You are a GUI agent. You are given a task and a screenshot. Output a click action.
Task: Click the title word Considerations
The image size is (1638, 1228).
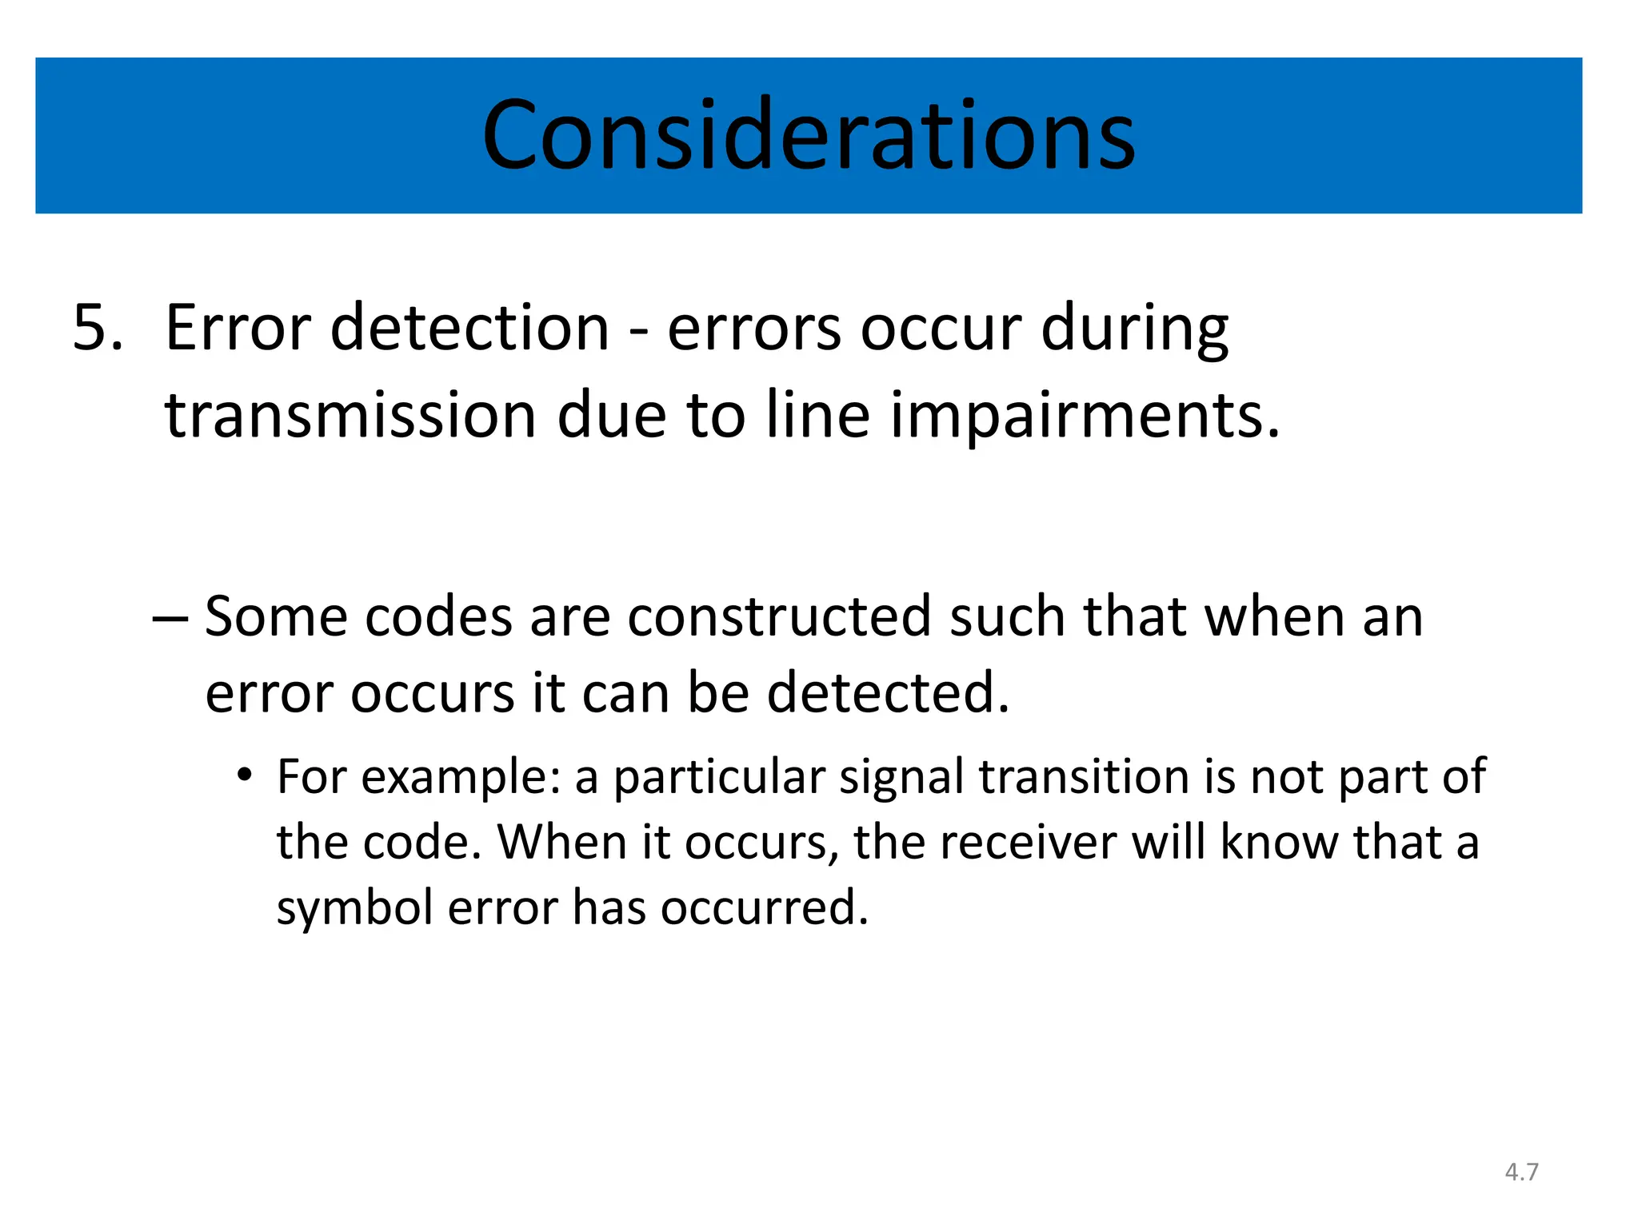tap(809, 135)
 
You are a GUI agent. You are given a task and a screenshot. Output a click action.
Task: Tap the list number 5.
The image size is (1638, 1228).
tap(98, 328)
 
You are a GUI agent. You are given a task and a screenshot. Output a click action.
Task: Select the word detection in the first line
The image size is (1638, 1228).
tap(469, 328)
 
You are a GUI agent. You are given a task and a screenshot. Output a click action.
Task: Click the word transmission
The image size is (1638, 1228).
tap(350, 416)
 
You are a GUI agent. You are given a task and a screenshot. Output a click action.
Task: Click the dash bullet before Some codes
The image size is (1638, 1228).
tap(170, 617)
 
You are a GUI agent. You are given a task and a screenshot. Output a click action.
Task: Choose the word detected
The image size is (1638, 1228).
tap(888, 692)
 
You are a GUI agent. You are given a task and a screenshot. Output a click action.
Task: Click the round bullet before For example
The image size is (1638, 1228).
tap(245, 775)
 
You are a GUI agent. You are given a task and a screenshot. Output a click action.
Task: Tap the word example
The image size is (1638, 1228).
tap(461, 777)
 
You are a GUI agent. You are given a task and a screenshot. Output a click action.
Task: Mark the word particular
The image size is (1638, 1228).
tap(719, 777)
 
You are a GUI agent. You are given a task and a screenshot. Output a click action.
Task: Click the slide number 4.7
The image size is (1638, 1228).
tap(1521, 1172)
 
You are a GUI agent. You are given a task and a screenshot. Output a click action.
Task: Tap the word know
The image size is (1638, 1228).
tap(1279, 843)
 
